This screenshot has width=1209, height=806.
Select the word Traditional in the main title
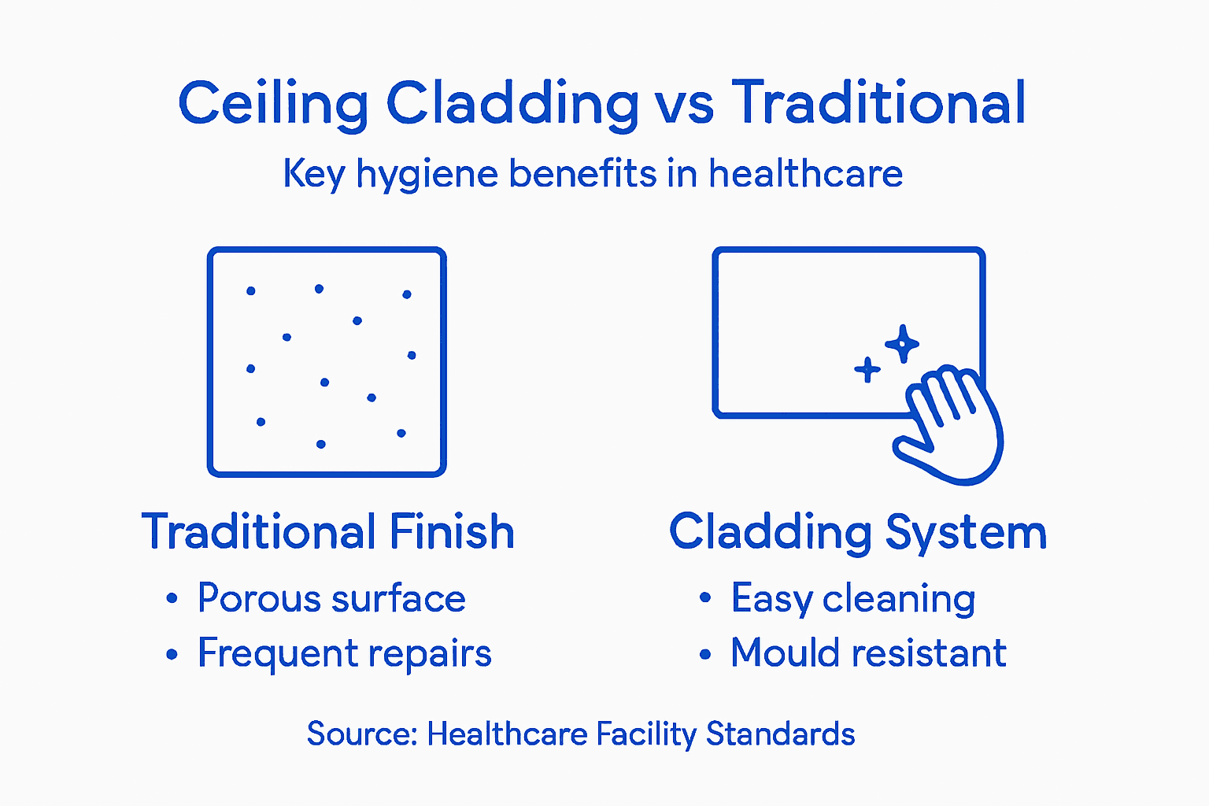(878, 102)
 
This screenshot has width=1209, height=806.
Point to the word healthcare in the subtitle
(805, 173)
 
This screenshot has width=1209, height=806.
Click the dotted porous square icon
(327, 362)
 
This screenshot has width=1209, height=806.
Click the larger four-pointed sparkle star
(902, 344)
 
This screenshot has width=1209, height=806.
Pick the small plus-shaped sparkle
(867, 369)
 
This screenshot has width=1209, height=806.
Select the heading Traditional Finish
(327, 532)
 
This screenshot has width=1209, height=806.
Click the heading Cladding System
(858, 533)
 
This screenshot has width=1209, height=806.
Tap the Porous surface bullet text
(331, 599)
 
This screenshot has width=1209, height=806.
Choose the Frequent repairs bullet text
(344, 653)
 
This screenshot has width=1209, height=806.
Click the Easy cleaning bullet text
(853, 599)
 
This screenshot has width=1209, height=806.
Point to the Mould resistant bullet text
(868, 653)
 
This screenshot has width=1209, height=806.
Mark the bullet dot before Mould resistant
(705, 654)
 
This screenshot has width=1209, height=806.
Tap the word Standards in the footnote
(780, 734)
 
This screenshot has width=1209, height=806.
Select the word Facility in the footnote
(645, 734)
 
